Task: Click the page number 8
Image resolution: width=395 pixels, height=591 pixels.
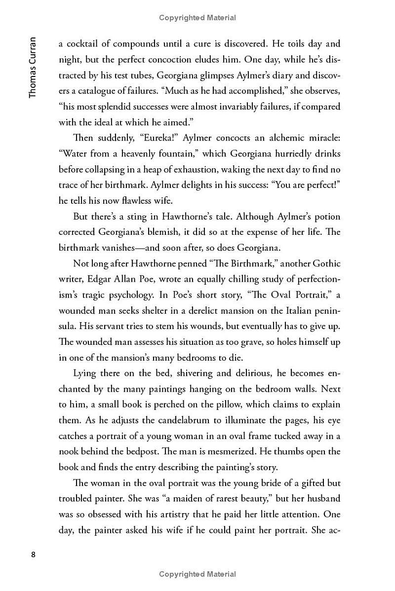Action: tap(33, 554)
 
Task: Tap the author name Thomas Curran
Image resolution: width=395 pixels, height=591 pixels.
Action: tap(33, 67)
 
